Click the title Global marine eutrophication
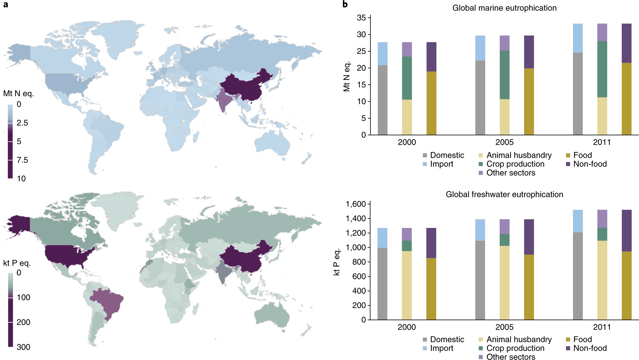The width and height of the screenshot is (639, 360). pyautogui.click(x=504, y=8)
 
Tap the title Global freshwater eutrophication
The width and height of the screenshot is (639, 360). pyautogui.click(x=504, y=194)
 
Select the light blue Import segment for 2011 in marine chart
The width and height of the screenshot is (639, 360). pyautogui.click(x=577, y=38)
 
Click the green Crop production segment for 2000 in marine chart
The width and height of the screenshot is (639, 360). pyautogui.click(x=407, y=78)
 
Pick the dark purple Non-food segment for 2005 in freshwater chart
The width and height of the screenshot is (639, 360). pyautogui.click(x=529, y=237)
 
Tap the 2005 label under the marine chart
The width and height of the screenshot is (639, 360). pyautogui.click(x=504, y=142)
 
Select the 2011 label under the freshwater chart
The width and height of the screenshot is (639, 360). pyautogui.click(x=602, y=327)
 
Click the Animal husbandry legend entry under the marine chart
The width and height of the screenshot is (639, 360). pyautogui.click(x=519, y=155)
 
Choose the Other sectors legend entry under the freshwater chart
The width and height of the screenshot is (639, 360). pyautogui.click(x=511, y=357)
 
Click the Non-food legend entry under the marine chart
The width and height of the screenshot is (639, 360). pyautogui.click(x=590, y=164)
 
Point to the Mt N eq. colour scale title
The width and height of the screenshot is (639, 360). pyautogui.click(x=18, y=94)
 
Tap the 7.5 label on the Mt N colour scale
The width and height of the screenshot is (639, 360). pyautogui.click(x=22, y=160)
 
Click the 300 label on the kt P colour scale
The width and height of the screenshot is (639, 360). pyautogui.click(x=23, y=347)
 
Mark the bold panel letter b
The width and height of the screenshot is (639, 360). pyautogui.click(x=345, y=4)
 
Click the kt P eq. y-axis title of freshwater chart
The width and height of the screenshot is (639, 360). pyautogui.click(x=337, y=262)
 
